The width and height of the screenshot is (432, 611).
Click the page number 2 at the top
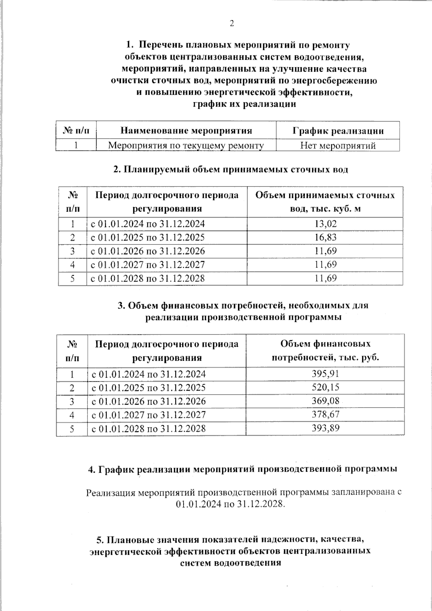point(231,24)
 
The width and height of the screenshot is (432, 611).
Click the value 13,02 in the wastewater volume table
point(325,224)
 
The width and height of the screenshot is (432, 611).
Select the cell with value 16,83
point(325,238)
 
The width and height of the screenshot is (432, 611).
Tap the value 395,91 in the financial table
point(325,374)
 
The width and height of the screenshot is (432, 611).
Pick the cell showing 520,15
point(325,387)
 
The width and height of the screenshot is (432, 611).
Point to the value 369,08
point(325,401)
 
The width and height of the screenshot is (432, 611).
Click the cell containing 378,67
point(325,414)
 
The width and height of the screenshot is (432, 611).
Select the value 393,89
point(325,428)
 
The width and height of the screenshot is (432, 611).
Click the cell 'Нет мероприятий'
point(338,145)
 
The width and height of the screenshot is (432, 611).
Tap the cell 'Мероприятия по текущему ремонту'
point(186,145)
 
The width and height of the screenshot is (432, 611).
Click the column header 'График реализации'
point(338,131)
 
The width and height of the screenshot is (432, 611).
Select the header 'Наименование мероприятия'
point(186,130)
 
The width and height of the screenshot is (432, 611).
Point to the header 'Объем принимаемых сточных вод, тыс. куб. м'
point(325,202)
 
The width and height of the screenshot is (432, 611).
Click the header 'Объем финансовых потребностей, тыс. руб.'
point(325,351)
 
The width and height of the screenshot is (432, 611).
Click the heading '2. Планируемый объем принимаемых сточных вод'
point(230,170)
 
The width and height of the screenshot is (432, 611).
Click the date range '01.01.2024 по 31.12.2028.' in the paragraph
point(230,504)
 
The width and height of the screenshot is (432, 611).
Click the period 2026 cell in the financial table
point(149,401)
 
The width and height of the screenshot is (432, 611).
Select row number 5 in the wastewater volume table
point(72,278)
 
